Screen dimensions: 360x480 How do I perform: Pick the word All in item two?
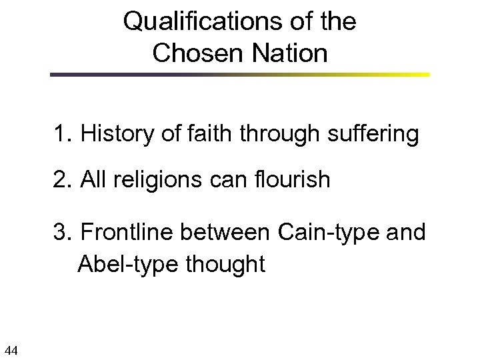(94, 180)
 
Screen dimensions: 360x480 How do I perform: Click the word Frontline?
(127, 233)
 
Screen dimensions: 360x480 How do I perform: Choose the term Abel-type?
(126, 264)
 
